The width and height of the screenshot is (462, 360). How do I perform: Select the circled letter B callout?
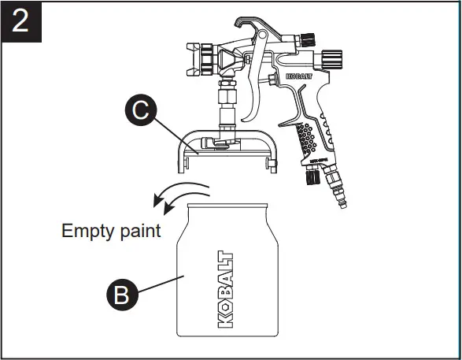tap(120, 295)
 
